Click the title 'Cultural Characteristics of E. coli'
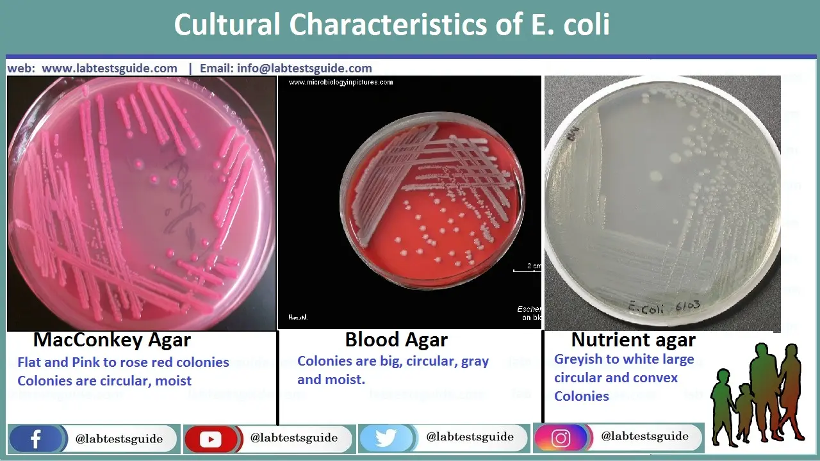tap(391, 26)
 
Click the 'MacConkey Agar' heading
tap(112, 340)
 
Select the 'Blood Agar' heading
tap(396, 340)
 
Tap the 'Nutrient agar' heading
tap(633, 340)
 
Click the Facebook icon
tap(36, 439)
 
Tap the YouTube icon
tap(211, 439)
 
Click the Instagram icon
tap(561, 438)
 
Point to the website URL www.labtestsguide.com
tap(110, 69)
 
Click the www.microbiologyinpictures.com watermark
tap(340, 83)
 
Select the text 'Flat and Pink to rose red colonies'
tap(123, 362)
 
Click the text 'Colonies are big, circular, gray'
tap(393, 361)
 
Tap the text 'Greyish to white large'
tap(624, 359)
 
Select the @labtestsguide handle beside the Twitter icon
tap(470, 437)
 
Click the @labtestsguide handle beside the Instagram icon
tap(644, 437)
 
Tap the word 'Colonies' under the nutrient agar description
tap(582, 396)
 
